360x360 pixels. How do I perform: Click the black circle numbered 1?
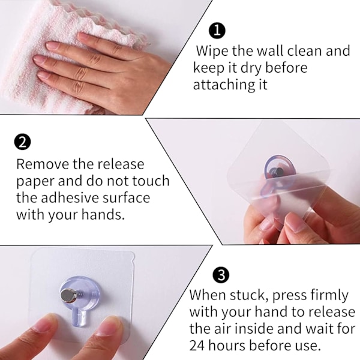click(x=217, y=31)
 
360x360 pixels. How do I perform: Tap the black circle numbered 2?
click(x=22, y=142)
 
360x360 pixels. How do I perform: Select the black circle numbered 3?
click(x=221, y=275)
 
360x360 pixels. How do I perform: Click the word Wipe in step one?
click(x=212, y=51)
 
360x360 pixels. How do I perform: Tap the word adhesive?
click(x=70, y=197)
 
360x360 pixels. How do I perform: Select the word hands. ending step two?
click(x=103, y=214)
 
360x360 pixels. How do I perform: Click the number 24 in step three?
click(x=198, y=345)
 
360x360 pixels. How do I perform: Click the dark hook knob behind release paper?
click(x=277, y=172)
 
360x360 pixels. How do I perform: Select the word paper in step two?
click(x=35, y=182)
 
